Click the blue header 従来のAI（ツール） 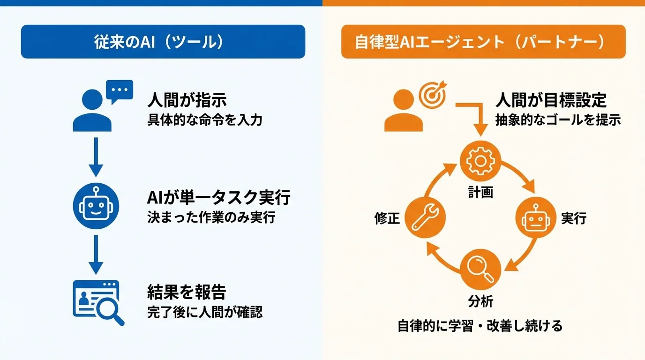pos(163,42)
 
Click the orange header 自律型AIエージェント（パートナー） pos(483,42)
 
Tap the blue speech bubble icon pos(120,91)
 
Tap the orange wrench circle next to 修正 pos(424,218)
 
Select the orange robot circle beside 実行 pos(536,218)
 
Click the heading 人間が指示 pos(187,100)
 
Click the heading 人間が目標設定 pos(551,100)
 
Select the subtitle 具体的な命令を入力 pos(204,120)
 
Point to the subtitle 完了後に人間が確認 pos(204,312)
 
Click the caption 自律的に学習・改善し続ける pos(480,325)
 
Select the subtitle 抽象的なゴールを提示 pos(558,120)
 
